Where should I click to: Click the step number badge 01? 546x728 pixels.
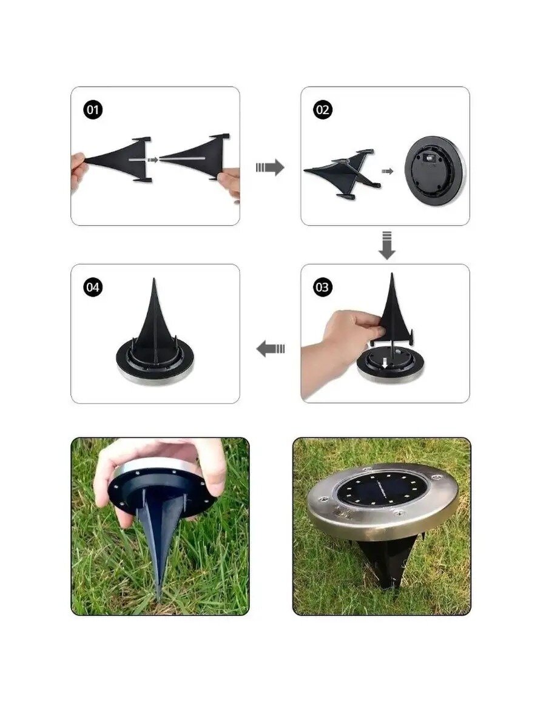click(93, 110)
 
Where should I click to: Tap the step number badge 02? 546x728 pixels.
click(323, 110)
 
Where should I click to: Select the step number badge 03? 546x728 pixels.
click(323, 287)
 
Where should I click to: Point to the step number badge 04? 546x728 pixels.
click(93, 287)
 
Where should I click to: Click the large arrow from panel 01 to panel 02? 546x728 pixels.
click(270, 167)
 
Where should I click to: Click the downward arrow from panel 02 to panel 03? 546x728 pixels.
click(387, 246)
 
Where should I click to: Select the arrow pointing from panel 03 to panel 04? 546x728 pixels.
click(271, 349)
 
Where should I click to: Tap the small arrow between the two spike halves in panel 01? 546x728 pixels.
click(153, 160)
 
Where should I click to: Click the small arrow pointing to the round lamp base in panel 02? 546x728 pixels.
click(388, 172)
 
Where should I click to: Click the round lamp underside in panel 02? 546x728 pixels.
click(435, 172)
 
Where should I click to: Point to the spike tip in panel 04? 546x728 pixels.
click(154, 279)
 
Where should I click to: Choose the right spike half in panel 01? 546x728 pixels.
click(195, 157)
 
